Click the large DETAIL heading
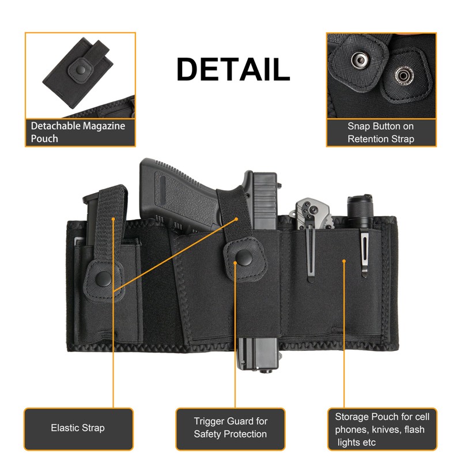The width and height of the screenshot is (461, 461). click(x=233, y=70)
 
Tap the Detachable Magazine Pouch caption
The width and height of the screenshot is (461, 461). click(x=78, y=132)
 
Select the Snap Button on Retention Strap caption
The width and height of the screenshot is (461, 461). click(x=380, y=132)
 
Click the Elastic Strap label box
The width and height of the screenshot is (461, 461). click(x=78, y=428)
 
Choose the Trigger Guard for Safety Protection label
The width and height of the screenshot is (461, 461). click(x=231, y=428)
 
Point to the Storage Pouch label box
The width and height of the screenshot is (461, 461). click(x=383, y=428)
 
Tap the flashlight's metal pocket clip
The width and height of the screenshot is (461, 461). click(x=364, y=253)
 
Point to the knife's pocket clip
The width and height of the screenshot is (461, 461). click(x=311, y=254)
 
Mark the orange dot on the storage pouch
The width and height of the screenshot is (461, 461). click(x=344, y=260)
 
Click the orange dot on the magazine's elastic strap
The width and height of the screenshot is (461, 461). click(x=114, y=219)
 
